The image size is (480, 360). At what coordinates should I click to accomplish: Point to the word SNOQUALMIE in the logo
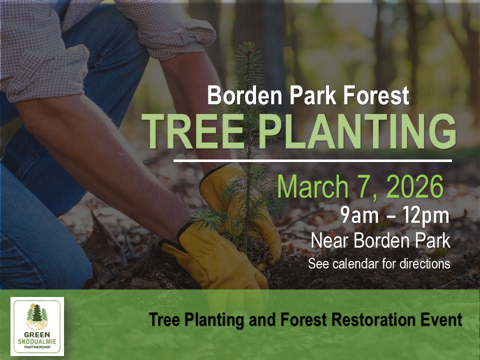coord(37,342)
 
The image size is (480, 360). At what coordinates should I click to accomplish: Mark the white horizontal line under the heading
coord(312,161)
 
